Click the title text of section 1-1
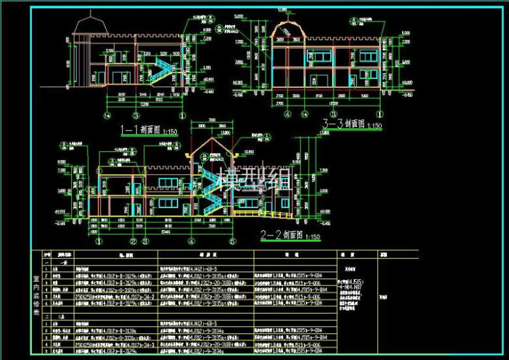[x=140, y=130]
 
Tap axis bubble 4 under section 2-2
[x=194, y=241]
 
